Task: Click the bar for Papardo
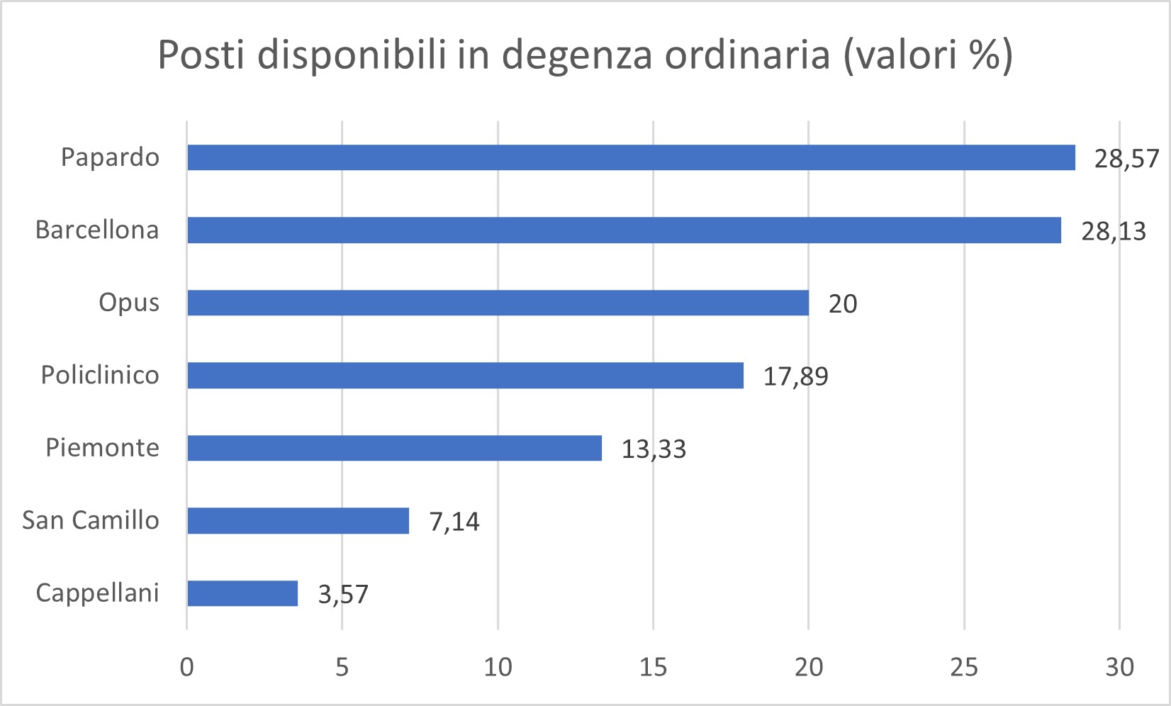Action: click(631, 157)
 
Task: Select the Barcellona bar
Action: click(624, 230)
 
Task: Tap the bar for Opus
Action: click(498, 303)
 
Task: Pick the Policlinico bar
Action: click(465, 375)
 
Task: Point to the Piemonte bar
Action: click(394, 448)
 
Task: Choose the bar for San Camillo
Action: click(298, 520)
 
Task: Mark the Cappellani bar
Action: click(242, 593)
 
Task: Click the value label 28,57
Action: click(1126, 159)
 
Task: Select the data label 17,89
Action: click(795, 376)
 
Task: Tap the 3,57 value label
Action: click(343, 594)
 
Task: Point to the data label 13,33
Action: click(654, 449)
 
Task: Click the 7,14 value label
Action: click(454, 522)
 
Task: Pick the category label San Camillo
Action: click(91, 520)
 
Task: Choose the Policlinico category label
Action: click(100, 375)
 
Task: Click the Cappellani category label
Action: click(97, 593)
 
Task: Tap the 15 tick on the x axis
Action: click(653, 667)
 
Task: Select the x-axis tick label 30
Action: click(1119, 667)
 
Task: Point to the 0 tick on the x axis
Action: click(187, 667)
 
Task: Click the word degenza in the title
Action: click(576, 55)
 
